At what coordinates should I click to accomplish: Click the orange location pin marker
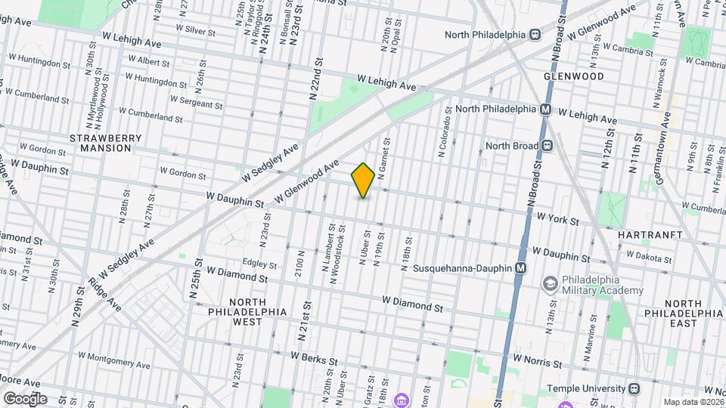(x=363, y=181)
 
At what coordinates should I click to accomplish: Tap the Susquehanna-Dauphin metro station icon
(x=520, y=268)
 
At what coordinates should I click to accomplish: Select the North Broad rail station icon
(x=546, y=146)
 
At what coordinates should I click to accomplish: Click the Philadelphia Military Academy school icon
(x=550, y=283)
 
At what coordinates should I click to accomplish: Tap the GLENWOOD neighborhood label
(x=573, y=77)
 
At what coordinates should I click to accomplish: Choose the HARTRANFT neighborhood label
(x=649, y=236)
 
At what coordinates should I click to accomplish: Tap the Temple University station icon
(x=634, y=388)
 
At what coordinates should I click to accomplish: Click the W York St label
(x=557, y=221)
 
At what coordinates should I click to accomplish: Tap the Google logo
(x=25, y=398)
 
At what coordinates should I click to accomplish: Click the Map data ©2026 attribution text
(x=692, y=402)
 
